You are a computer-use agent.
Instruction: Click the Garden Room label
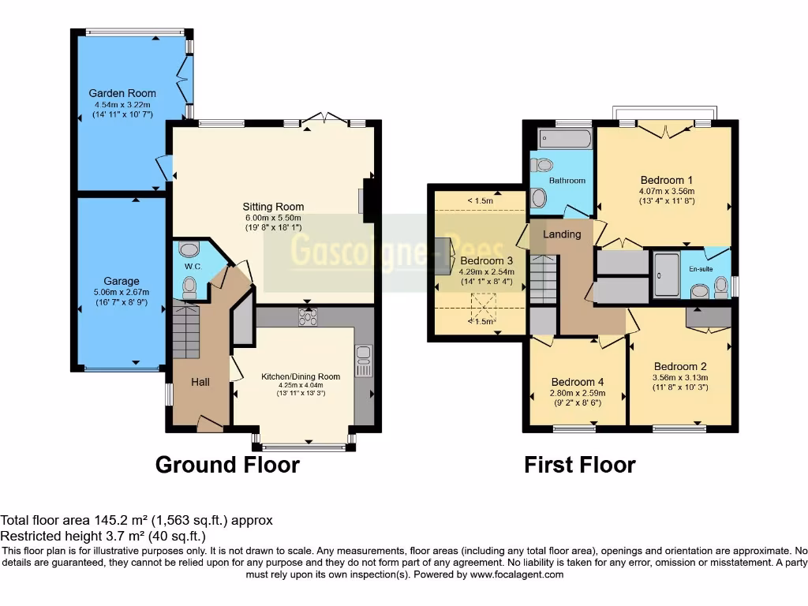[122, 93]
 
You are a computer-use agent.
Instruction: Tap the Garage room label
[122, 281]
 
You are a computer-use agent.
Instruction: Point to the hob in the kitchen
[307, 316]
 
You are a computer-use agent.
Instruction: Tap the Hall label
[200, 382]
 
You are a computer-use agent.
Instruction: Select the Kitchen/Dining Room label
[301, 376]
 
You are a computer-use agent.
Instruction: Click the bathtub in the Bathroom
[565, 140]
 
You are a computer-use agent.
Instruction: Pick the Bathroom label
[567, 181]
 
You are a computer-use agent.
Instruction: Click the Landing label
[562, 234]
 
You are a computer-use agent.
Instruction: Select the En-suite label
[700, 268]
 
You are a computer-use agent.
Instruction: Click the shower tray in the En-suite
[666, 275]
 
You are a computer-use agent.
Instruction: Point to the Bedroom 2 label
[680, 366]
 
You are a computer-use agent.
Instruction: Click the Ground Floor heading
[227, 465]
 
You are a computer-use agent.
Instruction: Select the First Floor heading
[579, 465]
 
